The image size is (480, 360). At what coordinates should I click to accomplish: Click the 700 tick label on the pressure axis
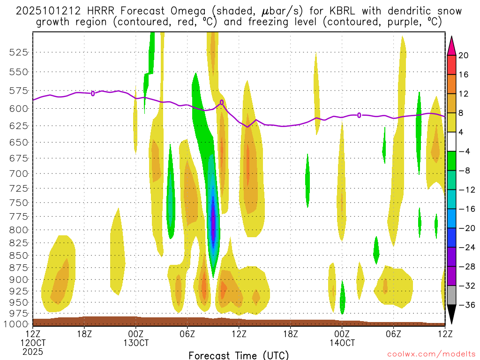pyautogui.click(x=18, y=174)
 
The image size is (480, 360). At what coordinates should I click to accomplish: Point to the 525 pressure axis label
pyautogui.click(x=18, y=52)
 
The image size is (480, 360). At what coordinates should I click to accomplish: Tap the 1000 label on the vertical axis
pyautogui.click(x=16, y=324)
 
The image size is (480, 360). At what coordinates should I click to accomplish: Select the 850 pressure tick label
pyautogui.click(x=18, y=255)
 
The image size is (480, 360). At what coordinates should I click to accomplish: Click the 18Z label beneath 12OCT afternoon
pyautogui.click(x=84, y=334)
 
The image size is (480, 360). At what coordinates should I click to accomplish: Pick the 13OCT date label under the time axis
pyautogui.click(x=136, y=343)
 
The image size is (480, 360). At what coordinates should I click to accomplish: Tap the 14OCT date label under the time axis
pyautogui.click(x=342, y=343)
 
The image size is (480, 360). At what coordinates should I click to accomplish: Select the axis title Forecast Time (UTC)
pyautogui.click(x=239, y=355)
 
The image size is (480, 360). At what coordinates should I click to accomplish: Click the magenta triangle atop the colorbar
pyautogui.click(x=451, y=45)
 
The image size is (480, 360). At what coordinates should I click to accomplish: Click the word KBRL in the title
pyautogui.click(x=330, y=11)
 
